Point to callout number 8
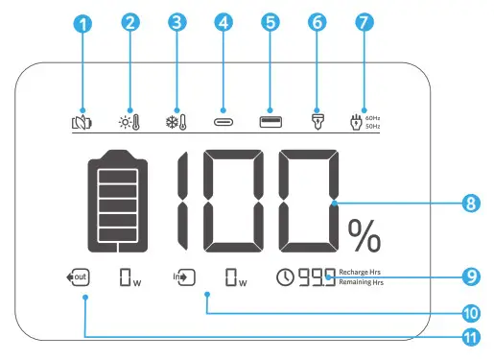coord(470,203)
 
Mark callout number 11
coord(470,337)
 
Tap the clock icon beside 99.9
coord(285,279)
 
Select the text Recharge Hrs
coord(362,273)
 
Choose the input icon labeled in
coord(184,279)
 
